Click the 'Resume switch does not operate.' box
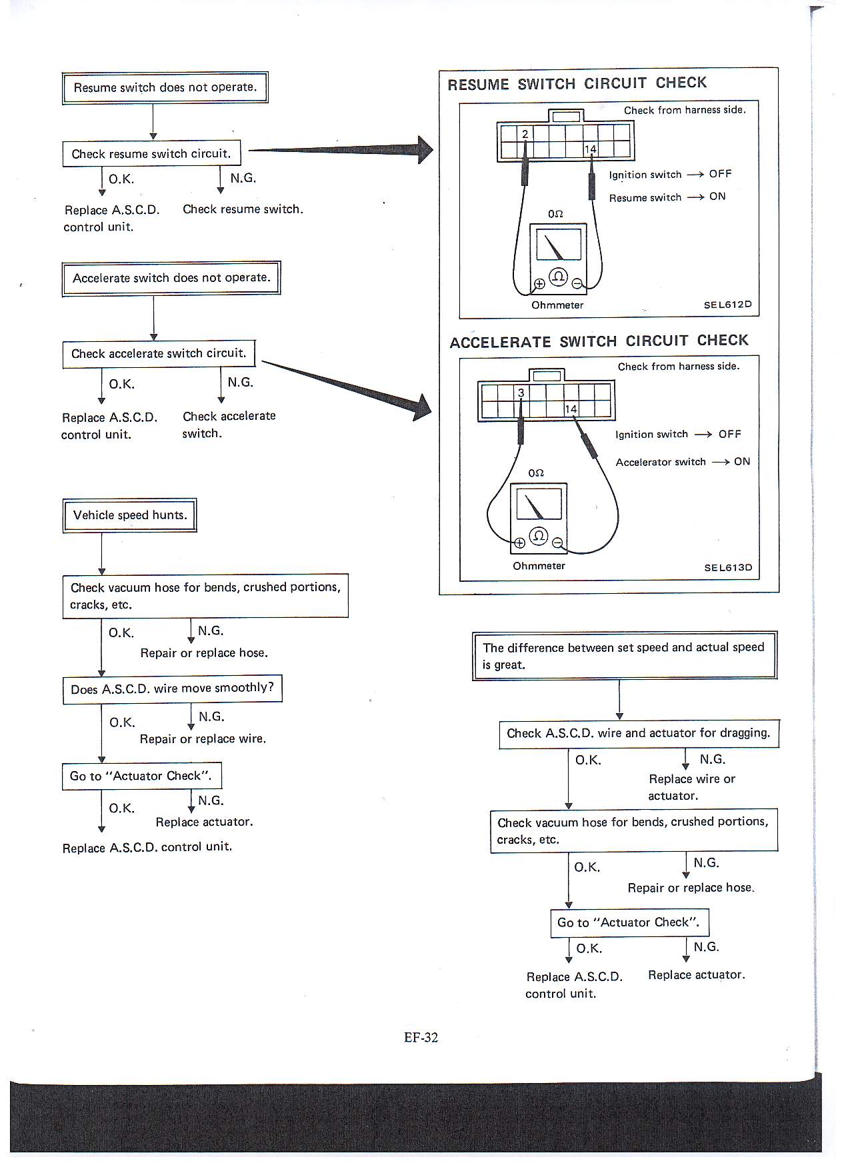tap(165, 87)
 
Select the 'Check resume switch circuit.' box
tap(151, 154)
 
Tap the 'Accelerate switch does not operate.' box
tap(171, 278)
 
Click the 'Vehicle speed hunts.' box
tap(129, 515)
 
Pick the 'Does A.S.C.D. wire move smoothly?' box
tap(172, 688)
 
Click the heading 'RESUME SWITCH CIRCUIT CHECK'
tap(577, 84)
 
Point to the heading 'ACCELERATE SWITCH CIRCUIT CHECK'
tap(599, 341)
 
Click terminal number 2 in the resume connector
tap(525, 134)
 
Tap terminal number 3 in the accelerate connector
tap(521, 393)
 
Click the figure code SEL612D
tap(727, 305)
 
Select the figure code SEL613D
tap(728, 568)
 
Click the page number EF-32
tap(421, 1038)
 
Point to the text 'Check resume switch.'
tap(243, 209)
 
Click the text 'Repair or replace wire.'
tap(203, 739)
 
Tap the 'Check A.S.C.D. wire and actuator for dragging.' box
tap(639, 734)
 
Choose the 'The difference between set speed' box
tap(625, 656)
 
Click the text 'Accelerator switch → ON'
tap(683, 462)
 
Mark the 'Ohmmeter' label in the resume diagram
tap(557, 305)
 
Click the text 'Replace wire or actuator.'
tap(691, 787)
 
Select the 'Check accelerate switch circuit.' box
tap(159, 354)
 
